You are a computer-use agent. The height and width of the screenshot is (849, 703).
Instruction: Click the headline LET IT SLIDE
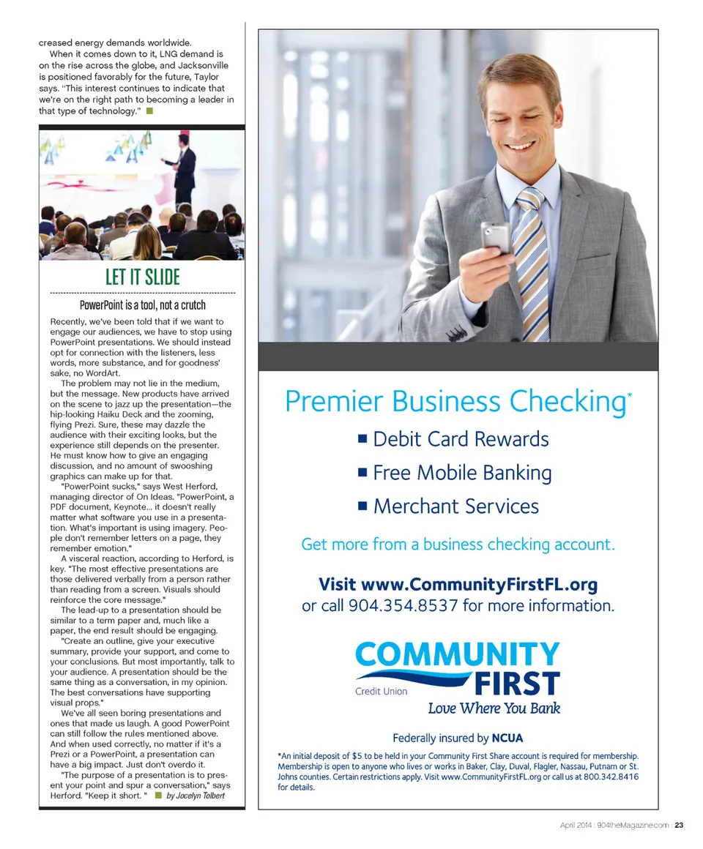point(142,277)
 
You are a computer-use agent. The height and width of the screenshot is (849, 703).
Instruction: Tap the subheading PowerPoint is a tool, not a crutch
point(142,305)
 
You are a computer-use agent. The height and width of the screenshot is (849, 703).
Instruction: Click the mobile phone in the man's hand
point(495,239)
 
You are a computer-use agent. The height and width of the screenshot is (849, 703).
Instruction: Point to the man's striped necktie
point(532,263)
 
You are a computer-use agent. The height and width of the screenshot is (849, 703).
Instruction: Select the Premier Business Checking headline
point(455,402)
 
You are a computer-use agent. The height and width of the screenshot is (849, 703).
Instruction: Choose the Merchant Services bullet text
point(455,506)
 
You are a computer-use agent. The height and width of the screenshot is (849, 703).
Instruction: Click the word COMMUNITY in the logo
point(458,654)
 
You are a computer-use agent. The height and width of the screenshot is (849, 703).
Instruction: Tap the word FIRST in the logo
point(517,684)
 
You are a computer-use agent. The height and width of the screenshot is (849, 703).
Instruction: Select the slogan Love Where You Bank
point(494,708)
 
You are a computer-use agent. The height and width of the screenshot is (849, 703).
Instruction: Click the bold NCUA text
point(507,738)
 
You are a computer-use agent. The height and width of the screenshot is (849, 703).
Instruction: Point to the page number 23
point(679,826)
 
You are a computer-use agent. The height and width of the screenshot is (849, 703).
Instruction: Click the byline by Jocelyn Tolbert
point(196,796)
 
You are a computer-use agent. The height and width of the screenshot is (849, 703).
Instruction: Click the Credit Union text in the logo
point(381,691)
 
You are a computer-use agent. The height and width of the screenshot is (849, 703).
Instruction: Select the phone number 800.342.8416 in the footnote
point(611,777)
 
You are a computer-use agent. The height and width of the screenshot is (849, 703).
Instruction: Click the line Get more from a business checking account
point(458,545)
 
